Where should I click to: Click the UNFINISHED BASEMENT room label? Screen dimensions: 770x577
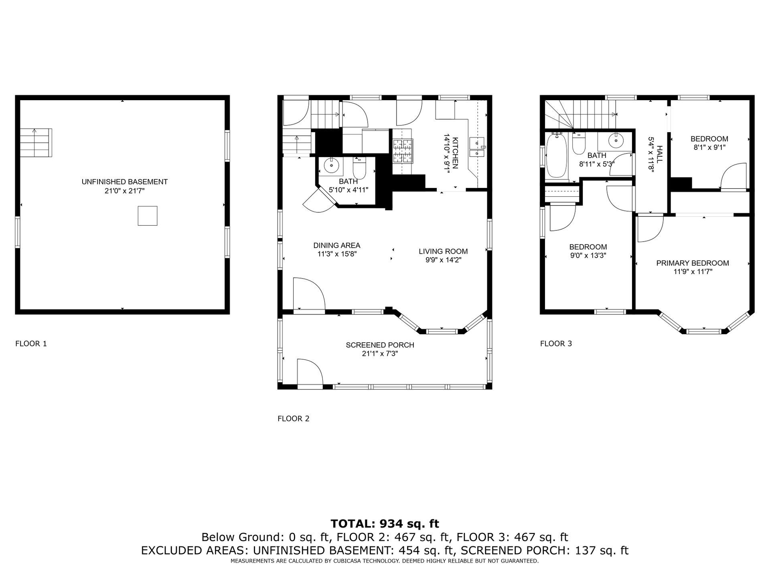coord(124,182)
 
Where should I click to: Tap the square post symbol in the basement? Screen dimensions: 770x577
coord(148,216)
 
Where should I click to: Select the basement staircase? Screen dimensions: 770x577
coord(36,143)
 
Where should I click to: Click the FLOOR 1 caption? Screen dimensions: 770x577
coord(31,343)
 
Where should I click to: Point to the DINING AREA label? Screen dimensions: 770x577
coord(337,245)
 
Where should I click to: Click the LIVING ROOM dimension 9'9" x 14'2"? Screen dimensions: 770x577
coord(443,260)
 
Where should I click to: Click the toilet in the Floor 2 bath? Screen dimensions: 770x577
coord(359,169)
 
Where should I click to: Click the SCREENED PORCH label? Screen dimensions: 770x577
coord(380,345)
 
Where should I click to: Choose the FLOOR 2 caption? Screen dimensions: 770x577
coord(294,419)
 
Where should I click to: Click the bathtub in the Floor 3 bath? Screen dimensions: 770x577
coord(556,156)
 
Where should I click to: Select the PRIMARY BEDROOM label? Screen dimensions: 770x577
coord(693,263)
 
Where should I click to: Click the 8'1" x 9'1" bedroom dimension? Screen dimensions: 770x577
coord(709,147)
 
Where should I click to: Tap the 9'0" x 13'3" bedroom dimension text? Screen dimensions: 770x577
coord(588,256)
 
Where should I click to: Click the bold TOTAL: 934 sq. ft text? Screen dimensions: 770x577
coord(385,524)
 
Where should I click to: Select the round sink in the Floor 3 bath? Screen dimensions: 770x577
coord(615,140)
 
